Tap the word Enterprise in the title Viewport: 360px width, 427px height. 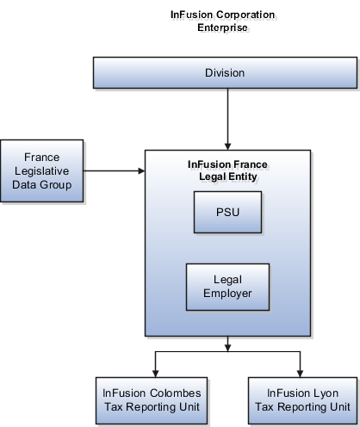(224, 28)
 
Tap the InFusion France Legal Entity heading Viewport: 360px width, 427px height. (227, 170)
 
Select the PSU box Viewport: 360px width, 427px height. (227, 212)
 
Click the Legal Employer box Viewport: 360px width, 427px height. (227, 287)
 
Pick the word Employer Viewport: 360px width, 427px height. (227, 294)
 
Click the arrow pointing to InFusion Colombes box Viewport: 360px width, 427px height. (155, 362)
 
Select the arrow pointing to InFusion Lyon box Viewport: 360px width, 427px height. (299, 362)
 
